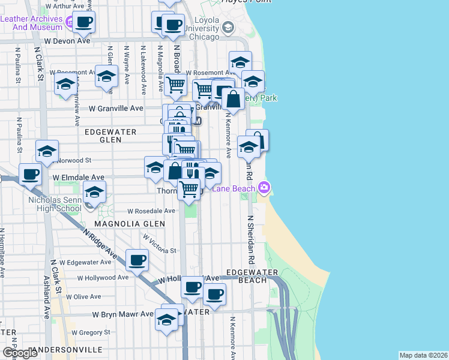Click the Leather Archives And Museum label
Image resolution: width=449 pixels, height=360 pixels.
[x=31, y=23]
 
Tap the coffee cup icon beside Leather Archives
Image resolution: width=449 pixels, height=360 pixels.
[x=83, y=23]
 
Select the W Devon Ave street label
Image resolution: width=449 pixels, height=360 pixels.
[x=71, y=41]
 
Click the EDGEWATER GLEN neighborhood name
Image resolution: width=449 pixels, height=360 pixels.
[x=110, y=135]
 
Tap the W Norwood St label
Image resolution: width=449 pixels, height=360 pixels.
[x=73, y=161]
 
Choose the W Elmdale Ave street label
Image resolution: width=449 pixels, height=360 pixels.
[x=78, y=178]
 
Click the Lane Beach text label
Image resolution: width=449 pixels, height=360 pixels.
[x=237, y=188]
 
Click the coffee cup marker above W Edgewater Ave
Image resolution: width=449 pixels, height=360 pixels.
[x=137, y=260]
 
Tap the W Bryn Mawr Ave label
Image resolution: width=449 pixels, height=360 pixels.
[x=123, y=314]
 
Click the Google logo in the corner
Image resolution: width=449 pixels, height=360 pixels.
[x=20, y=353]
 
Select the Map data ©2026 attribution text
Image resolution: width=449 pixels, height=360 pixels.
[x=423, y=355]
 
